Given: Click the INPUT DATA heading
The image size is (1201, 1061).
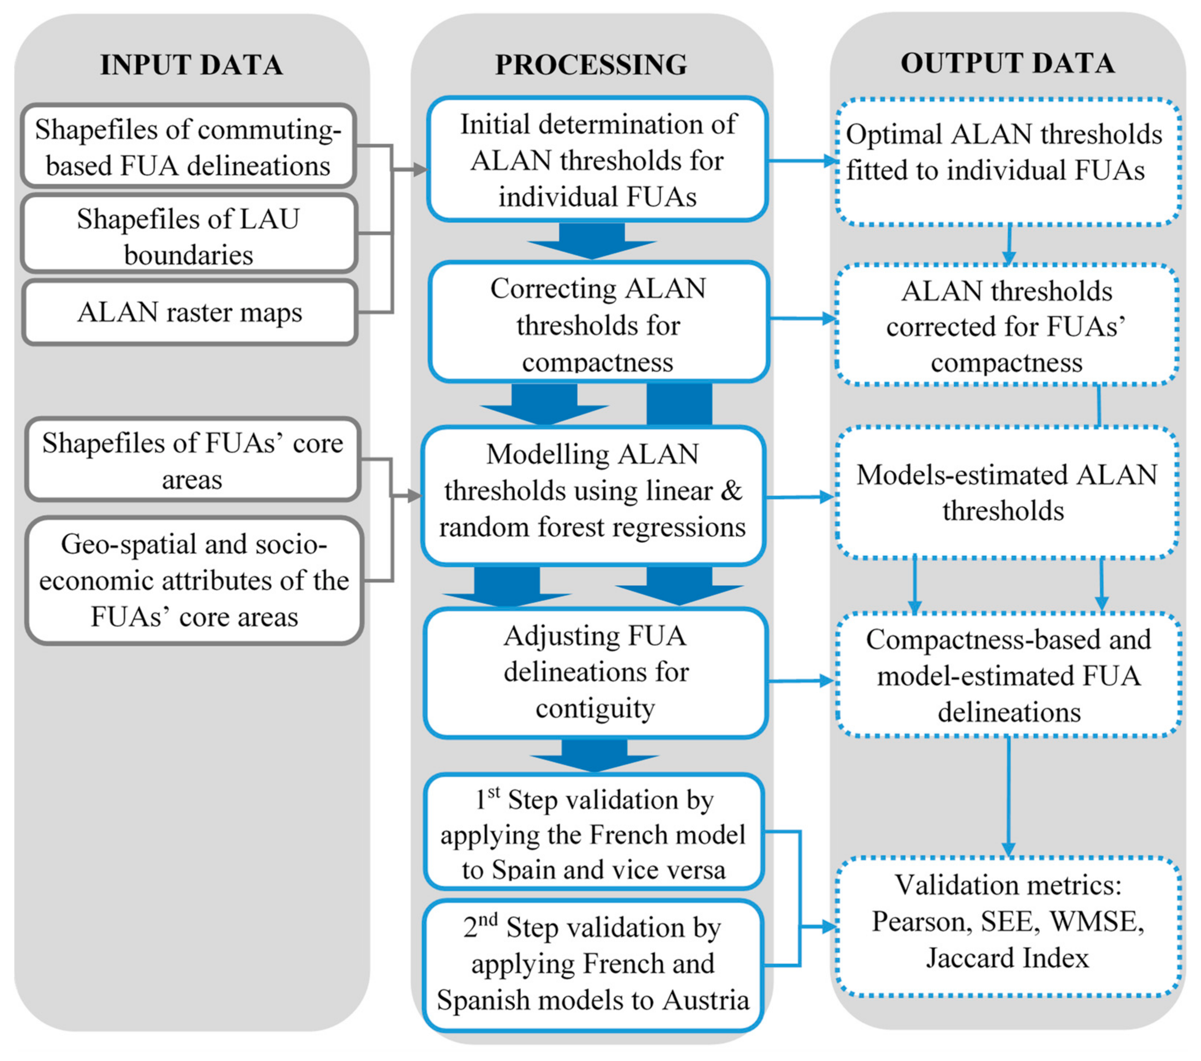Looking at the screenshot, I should [x=191, y=65].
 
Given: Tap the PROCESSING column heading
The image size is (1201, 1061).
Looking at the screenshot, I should [x=591, y=65].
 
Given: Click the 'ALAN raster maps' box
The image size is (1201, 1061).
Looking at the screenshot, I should [x=189, y=312].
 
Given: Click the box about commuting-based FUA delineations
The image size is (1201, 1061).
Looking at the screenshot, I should [x=188, y=147].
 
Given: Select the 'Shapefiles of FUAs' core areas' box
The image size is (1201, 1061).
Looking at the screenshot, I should [x=192, y=460].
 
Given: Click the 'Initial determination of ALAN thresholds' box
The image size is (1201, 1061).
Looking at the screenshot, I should [x=597, y=160].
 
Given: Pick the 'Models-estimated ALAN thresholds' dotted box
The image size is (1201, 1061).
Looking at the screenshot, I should [x=1006, y=492].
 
